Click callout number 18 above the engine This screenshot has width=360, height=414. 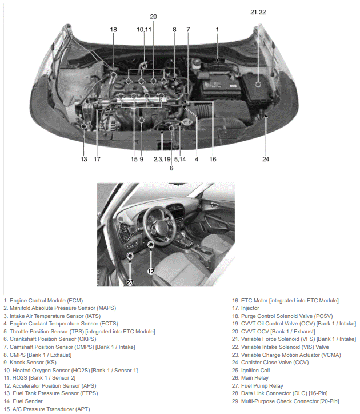point(113,29)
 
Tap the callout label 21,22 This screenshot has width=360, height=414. point(258,11)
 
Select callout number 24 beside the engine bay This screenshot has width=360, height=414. point(266,159)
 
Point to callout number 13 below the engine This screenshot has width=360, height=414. point(84,159)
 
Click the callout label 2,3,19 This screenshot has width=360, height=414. point(162,159)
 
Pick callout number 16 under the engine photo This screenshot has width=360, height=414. point(213,159)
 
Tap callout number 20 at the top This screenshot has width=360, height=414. point(153,17)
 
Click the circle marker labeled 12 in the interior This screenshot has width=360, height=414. point(151,246)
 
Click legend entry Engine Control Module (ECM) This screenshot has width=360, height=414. point(43,300)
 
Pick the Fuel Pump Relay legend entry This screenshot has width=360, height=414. point(254,386)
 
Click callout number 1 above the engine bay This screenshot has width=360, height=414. point(217,29)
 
